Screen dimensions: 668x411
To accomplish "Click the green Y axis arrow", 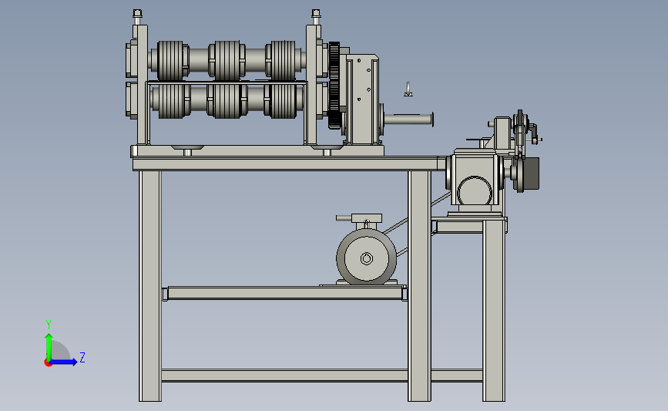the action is [x=49, y=348].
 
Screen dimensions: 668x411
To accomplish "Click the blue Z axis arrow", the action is [x=63, y=362].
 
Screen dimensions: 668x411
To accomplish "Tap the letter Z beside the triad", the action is [x=82, y=357].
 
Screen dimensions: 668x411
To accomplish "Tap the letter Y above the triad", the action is [x=49, y=325].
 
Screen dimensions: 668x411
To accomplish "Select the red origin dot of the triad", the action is [x=48, y=362].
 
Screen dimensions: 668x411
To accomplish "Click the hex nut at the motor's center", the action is [x=367, y=258].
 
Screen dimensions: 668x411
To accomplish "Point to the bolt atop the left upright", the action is [x=137, y=17].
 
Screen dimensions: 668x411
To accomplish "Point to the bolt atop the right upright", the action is [x=316, y=17].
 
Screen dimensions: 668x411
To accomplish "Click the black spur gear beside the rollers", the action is [x=334, y=86].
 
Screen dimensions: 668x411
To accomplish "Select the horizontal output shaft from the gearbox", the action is [x=409, y=120].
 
